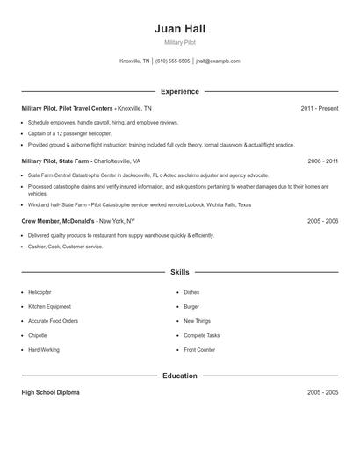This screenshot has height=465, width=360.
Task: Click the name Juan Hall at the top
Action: tap(179, 28)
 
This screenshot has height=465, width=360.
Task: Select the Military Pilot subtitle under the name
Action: tap(179, 42)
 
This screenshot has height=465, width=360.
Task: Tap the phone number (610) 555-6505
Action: tap(173, 61)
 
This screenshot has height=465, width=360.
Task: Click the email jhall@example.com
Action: tap(218, 61)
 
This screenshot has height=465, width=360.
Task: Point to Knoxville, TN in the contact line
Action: tap(134, 61)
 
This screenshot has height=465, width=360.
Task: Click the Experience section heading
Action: tap(179, 91)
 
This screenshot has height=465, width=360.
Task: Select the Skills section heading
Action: tap(179, 272)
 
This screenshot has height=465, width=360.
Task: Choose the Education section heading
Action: tap(179, 376)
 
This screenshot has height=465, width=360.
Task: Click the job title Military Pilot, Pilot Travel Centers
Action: tap(68, 108)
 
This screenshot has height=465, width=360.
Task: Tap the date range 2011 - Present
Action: tap(319, 108)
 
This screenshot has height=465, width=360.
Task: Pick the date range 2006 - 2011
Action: tap(322, 161)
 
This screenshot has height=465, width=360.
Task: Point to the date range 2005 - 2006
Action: tap(322, 221)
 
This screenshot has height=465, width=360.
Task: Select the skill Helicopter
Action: tap(40, 292)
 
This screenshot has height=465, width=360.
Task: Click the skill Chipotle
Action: tap(38, 335)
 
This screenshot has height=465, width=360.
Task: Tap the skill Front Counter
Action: tap(199, 350)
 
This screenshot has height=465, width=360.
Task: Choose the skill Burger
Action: tap(191, 307)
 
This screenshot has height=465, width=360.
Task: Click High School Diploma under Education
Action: tap(50, 392)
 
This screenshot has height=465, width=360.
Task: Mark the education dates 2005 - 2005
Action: tap(322, 392)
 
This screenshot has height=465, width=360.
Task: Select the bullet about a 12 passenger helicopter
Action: tap(69, 133)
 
